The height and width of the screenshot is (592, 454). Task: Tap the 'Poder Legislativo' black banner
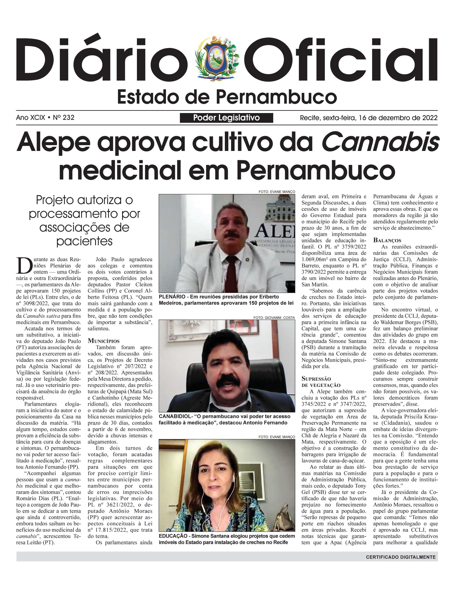226,118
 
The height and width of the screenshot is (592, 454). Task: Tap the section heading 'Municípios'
104,341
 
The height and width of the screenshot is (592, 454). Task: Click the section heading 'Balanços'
387,240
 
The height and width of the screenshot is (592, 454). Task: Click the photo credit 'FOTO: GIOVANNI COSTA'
274,318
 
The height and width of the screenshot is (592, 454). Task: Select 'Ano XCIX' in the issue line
30,118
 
